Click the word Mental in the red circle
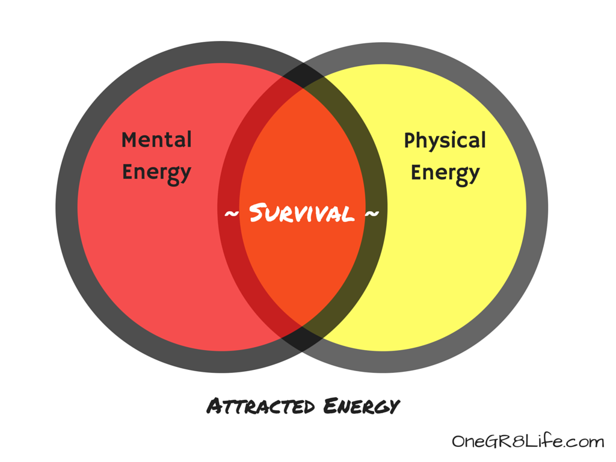[156, 140]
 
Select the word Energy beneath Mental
[156, 172]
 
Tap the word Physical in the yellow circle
[445, 141]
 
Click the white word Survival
[301, 213]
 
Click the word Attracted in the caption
[260, 406]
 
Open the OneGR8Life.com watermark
[528, 442]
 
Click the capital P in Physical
[409, 141]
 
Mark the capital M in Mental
[129, 140]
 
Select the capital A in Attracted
[214, 406]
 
